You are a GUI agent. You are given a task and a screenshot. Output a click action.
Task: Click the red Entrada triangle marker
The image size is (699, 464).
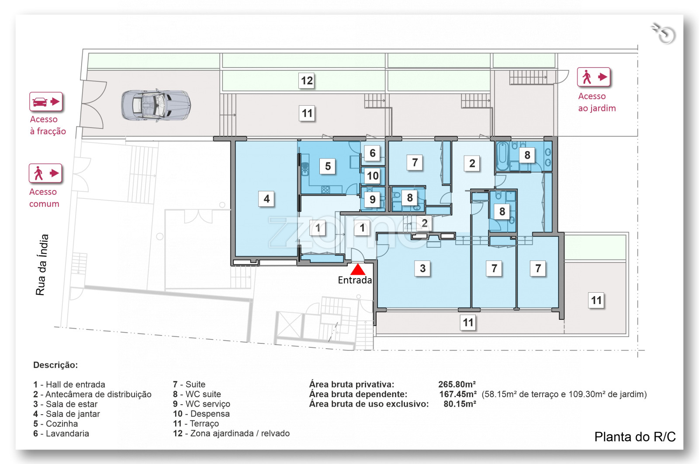pos(358,269)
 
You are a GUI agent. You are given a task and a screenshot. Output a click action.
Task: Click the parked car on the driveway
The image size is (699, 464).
pos(156,105)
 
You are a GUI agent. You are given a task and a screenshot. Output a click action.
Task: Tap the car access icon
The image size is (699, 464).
pos(46,101)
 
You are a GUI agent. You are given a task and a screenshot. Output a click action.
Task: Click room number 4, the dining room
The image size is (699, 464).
pos(266,199)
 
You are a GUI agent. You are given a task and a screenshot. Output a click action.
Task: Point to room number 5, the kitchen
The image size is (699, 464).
pos(327,166)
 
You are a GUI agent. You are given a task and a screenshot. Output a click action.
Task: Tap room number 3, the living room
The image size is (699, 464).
pos(422,268)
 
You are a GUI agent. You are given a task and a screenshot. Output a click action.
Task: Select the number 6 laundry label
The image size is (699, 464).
pos(372,153)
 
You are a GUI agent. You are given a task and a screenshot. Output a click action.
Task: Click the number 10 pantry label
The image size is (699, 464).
pos(373,176)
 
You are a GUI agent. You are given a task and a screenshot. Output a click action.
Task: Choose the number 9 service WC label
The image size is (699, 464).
pos(372,199)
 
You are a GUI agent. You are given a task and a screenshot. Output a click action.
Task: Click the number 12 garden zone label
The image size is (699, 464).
pos(306,80)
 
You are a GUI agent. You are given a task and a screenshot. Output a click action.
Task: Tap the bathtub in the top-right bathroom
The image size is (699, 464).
pos(502,156)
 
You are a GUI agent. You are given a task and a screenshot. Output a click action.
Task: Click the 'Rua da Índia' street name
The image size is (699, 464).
pos(42,265)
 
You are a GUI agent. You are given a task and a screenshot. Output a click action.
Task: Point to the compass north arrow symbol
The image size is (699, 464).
pos(664,34)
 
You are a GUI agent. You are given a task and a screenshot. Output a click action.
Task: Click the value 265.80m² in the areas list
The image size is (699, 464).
pos(457,384)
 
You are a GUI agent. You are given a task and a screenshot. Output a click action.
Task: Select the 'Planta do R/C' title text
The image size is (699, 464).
pos(635,436)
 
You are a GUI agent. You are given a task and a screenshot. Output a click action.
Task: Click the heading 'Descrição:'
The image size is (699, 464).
pos(55,365)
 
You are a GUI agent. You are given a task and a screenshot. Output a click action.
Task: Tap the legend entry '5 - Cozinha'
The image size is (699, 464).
pos(55,423)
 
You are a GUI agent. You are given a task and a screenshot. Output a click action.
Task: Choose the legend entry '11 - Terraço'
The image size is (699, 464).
pos(196,423)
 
